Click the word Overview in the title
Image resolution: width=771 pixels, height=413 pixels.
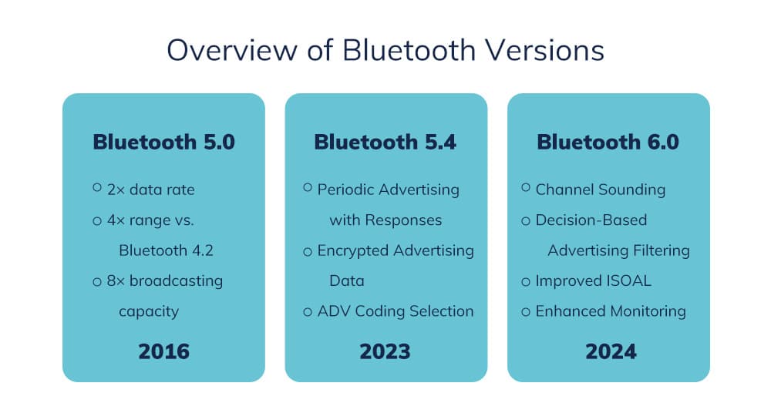(231, 50)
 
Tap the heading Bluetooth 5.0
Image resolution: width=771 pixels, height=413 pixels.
(163, 142)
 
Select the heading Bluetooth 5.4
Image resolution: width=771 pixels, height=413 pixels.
(385, 142)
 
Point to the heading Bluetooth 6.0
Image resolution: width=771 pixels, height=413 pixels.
(608, 142)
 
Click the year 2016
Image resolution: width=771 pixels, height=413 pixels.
(163, 351)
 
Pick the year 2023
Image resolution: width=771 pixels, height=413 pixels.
(385, 351)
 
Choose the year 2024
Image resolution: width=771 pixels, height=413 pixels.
(611, 351)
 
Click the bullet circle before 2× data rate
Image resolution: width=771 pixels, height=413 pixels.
(97, 187)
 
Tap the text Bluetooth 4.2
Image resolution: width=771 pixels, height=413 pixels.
(167, 250)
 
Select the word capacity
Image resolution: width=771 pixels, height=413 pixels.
(149, 312)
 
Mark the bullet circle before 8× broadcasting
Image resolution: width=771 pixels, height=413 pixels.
(97, 282)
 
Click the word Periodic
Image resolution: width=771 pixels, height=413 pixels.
(347, 190)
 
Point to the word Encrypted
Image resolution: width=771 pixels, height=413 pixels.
(354, 250)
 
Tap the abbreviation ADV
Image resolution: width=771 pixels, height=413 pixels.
(334, 311)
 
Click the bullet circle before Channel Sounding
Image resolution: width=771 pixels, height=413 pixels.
(526, 187)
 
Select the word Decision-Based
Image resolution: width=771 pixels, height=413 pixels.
(591, 220)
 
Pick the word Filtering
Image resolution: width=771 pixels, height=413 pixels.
(662, 250)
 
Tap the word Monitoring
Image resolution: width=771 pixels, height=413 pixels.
(648, 311)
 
